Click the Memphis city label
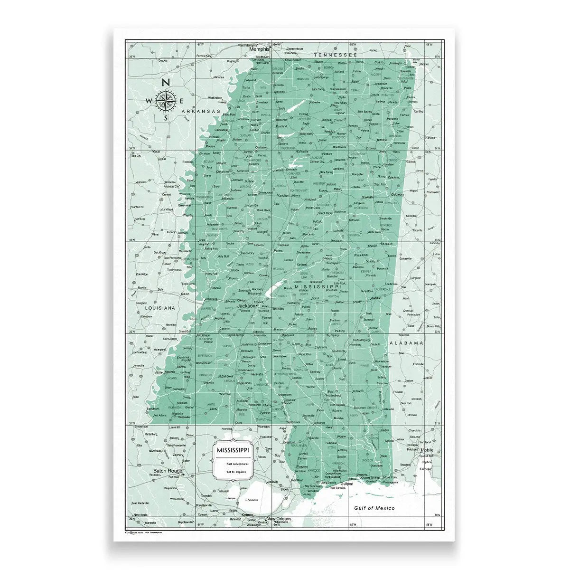click(x=260, y=49)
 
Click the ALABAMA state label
click(x=406, y=342)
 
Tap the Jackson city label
click(x=246, y=306)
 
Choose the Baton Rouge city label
click(x=168, y=472)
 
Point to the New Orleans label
click(x=279, y=519)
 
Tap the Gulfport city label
click(x=347, y=484)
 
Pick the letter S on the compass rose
click(x=166, y=118)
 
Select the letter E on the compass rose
click(x=182, y=100)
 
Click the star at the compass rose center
click(x=166, y=100)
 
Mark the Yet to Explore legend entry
click(x=233, y=472)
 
